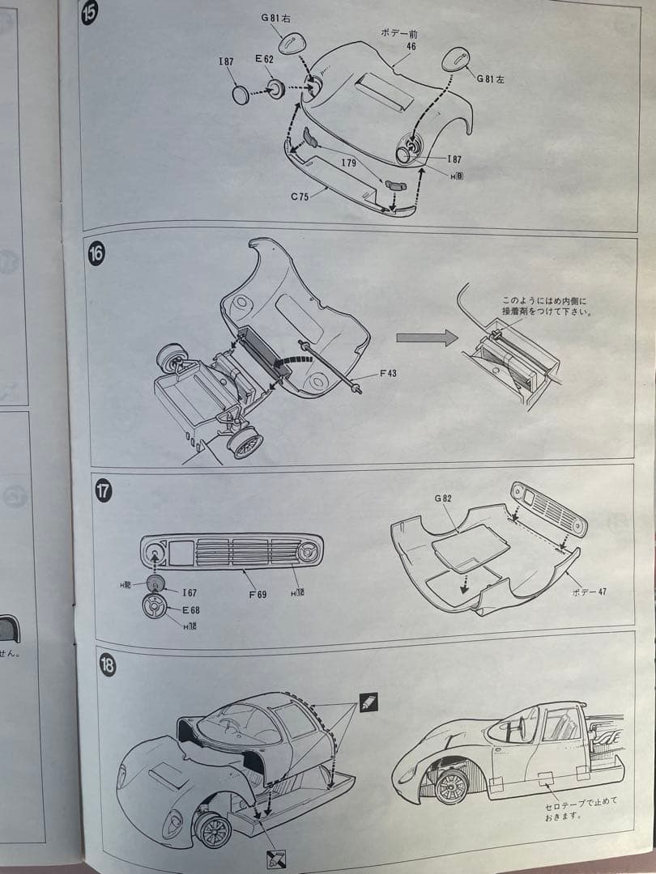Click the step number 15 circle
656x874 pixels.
click(90, 14)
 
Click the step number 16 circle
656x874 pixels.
click(96, 253)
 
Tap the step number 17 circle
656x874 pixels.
click(104, 490)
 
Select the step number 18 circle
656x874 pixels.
click(107, 665)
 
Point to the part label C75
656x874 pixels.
click(300, 197)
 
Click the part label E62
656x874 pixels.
click(266, 59)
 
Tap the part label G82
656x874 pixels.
click(443, 499)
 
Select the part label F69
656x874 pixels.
click(257, 594)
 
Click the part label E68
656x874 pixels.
click(190, 609)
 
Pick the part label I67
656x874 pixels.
click(190, 593)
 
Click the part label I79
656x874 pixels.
click(348, 163)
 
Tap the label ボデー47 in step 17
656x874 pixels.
click(589, 592)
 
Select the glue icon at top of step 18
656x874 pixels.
click(368, 702)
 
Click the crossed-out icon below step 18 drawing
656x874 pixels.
click(275, 859)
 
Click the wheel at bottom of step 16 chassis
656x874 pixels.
click(244, 441)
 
